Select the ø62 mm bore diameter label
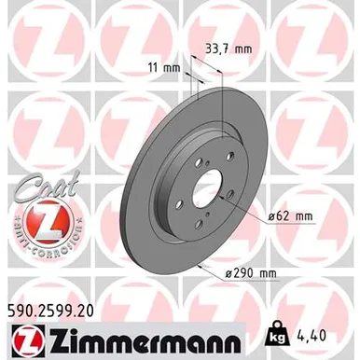[288, 217]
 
